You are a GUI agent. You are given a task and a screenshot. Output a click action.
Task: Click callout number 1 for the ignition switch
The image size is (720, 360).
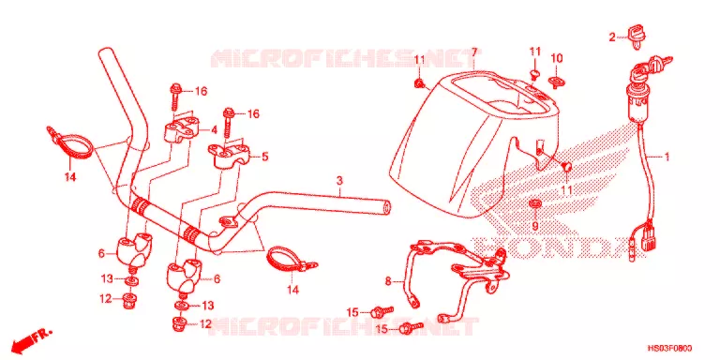[666, 157]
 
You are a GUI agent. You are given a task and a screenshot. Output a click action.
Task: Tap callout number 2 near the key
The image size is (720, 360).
[612, 37]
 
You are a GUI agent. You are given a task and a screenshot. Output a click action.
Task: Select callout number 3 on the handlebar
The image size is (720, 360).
[338, 180]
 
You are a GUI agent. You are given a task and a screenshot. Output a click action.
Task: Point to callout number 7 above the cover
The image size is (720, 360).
[474, 52]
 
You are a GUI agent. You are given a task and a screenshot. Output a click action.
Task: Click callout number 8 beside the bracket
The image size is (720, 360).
[388, 281]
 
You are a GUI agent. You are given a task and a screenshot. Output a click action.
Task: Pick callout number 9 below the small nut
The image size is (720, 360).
[535, 225]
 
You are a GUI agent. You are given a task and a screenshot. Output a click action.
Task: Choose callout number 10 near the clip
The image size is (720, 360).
[557, 58]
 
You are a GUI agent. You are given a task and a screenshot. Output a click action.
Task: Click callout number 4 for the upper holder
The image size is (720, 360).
[214, 130]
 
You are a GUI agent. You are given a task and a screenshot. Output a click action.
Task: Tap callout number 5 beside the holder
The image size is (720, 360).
[265, 157]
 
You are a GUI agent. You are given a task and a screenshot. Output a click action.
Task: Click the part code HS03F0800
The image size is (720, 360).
[670, 348]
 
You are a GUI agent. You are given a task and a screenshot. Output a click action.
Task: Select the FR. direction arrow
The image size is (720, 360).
[32, 338]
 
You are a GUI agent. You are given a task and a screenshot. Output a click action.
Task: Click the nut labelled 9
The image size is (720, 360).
[534, 203]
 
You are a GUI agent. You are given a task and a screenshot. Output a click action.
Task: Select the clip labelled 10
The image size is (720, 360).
[556, 82]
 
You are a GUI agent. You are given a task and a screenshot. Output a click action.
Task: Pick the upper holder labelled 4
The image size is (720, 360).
[183, 128]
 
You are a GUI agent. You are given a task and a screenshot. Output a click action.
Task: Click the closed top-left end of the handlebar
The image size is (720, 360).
[105, 52]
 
